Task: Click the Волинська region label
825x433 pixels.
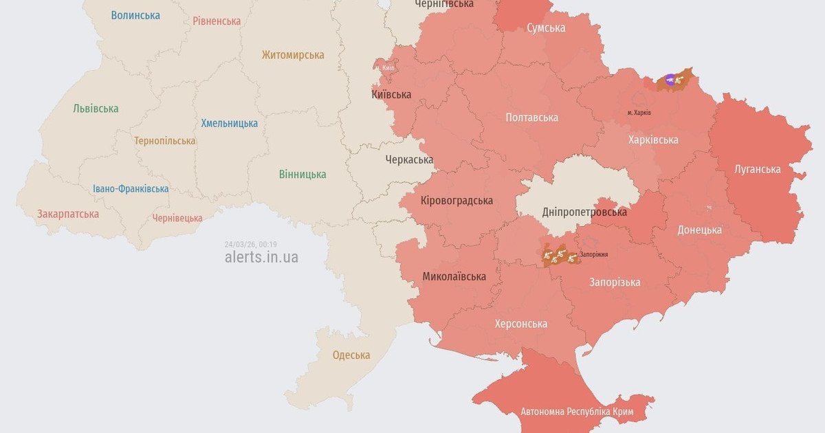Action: [x=135, y=15]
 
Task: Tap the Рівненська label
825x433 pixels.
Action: [x=217, y=21]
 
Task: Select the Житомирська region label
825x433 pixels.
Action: [x=293, y=55]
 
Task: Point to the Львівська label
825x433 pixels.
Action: [x=96, y=109]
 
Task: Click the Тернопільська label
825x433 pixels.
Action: [x=165, y=141]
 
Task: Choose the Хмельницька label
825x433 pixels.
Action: [x=230, y=124]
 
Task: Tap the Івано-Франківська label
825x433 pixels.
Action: [x=131, y=189]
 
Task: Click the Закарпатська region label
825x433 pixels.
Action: [x=68, y=214]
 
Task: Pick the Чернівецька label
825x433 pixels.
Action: [x=177, y=218]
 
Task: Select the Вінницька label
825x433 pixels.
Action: [x=302, y=174]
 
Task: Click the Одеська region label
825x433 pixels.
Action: [x=351, y=355]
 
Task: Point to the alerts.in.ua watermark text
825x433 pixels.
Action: [x=261, y=258]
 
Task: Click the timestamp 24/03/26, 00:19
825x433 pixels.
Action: [x=250, y=244]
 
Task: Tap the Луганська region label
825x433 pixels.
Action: [x=757, y=169]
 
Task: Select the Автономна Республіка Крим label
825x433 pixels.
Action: [x=577, y=412]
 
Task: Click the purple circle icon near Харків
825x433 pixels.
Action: [x=670, y=80]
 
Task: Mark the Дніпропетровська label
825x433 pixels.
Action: [x=584, y=212]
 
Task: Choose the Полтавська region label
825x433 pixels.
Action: [x=531, y=118]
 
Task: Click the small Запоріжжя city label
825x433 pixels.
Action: [x=594, y=254]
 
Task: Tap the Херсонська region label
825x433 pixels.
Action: [x=521, y=324]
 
